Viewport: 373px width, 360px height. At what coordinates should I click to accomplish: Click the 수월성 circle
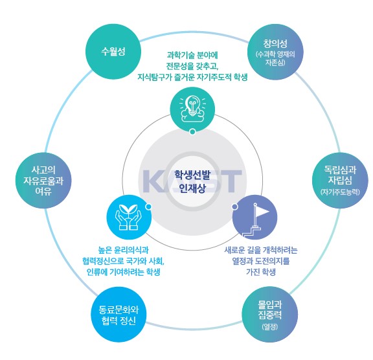[113, 52]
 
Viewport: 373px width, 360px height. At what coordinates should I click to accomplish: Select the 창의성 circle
[275, 52]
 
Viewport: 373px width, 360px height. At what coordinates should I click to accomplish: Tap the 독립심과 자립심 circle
[340, 181]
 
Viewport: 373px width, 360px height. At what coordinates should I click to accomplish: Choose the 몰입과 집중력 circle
[270, 315]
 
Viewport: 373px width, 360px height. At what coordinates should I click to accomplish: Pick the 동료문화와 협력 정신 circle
[119, 315]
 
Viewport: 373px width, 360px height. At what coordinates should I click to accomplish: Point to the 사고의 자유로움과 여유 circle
[43, 181]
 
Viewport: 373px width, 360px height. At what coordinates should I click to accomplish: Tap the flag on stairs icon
[255, 219]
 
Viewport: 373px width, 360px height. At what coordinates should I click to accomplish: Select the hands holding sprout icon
[129, 217]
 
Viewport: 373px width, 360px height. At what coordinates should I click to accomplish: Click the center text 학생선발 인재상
[192, 181]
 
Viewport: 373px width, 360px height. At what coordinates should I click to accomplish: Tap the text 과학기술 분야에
[192, 56]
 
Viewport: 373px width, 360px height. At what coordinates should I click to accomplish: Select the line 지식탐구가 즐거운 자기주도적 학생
[192, 77]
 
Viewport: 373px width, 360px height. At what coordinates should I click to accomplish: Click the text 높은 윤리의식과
[124, 250]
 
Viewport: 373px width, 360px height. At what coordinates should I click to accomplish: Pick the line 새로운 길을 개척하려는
[261, 250]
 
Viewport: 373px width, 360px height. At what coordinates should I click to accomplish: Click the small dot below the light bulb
[193, 131]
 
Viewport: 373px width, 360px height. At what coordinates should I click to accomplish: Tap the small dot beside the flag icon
[234, 207]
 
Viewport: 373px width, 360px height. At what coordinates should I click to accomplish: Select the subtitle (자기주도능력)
[340, 192]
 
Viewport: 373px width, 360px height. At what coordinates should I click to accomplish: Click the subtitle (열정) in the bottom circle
[270, 327]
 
